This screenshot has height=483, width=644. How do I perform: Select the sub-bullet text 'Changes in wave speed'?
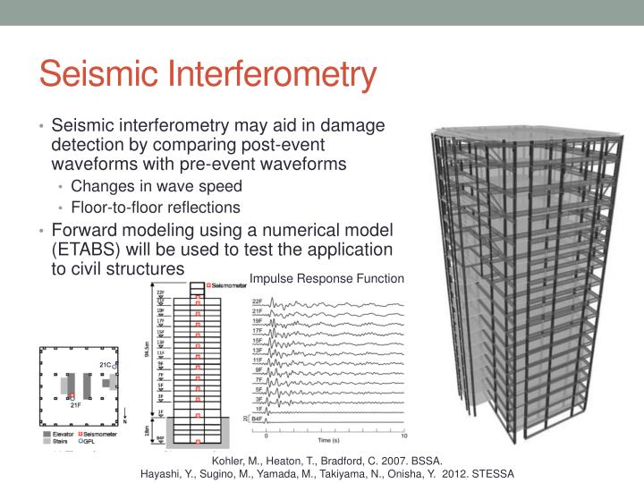point(156,186)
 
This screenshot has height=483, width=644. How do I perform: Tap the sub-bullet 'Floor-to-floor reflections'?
point(156,207)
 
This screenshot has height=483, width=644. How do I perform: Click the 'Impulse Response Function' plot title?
point(326,278)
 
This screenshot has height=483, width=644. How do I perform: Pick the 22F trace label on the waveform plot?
point(257,302)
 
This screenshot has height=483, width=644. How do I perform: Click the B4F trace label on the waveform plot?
point(257,418)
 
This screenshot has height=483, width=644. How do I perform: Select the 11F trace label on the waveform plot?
point(257,360)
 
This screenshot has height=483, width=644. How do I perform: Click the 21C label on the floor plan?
point(106,365)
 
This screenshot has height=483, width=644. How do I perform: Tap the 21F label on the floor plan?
point(76,405)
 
